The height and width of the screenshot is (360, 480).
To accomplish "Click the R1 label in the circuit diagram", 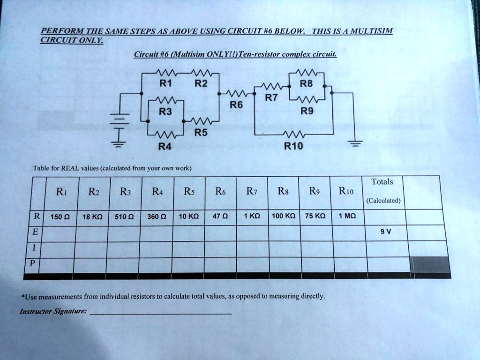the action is click(165, 83).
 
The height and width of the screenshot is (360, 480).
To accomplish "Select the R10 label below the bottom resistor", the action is click(293, 146).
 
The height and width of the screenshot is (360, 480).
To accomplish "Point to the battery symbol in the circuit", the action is click(120, 122).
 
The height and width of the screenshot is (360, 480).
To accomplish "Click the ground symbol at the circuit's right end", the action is click(355, 143).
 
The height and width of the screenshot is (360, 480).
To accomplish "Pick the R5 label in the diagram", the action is click(201, 133).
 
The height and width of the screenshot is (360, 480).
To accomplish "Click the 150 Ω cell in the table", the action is click(60, 217).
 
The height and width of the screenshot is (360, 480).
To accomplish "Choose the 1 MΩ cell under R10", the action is click(347, 216).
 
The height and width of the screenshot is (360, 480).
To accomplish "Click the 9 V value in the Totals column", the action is click(386, 232).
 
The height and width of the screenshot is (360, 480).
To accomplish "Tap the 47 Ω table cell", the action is click(220, 216).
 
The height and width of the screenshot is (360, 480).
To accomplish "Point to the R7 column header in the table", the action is click(252, 192).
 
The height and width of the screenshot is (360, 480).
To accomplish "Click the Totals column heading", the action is click(382, 181).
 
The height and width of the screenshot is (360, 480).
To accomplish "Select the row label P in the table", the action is click(32, 263).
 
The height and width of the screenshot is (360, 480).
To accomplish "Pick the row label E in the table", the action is click(35, 232).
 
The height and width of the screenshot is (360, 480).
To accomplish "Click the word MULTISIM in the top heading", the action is click(371, 31).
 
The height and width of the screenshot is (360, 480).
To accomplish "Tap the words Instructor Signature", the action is click(53, 311).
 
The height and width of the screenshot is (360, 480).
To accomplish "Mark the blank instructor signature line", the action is click(161, 314).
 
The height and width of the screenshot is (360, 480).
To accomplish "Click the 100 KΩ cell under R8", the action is click(284, 216).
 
